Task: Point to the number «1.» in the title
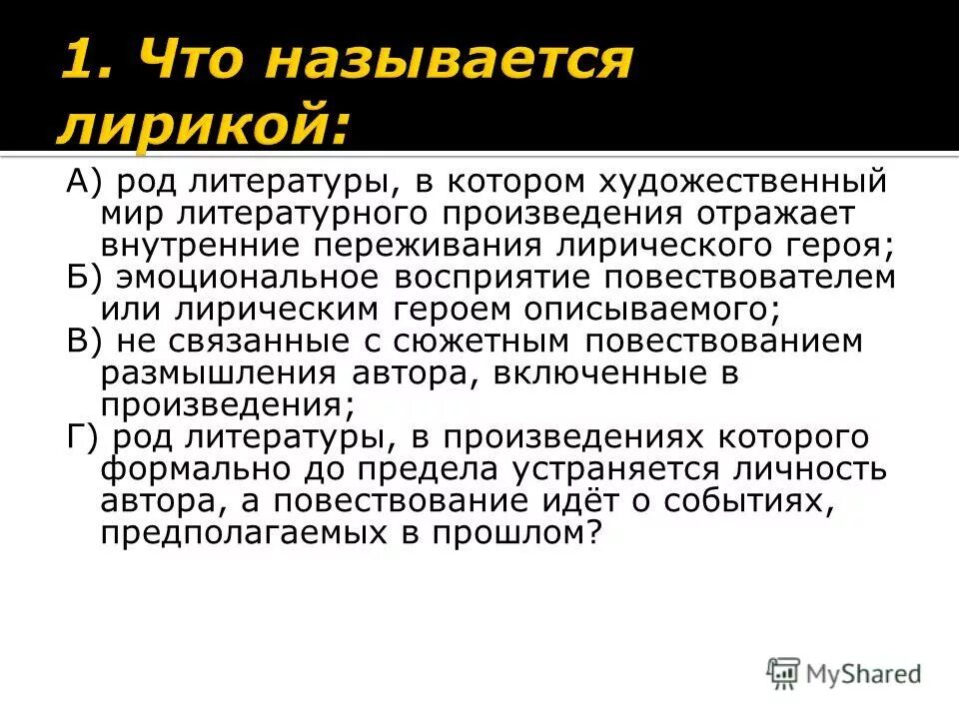pos(93,65)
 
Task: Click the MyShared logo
pos(845,673)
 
